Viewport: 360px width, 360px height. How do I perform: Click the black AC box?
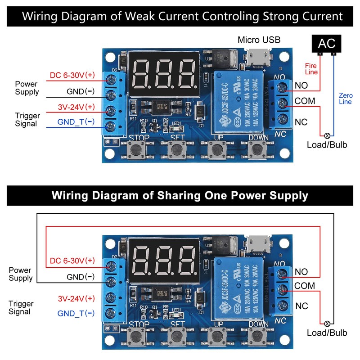[x=326, y=44]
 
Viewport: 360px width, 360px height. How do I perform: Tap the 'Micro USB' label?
[x=258, y=40]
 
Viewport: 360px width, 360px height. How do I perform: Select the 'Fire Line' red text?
[x=312, y=68]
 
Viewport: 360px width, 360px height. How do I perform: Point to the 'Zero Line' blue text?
[x=346, y=99]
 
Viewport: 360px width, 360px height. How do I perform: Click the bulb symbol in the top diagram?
[x=328, y=135]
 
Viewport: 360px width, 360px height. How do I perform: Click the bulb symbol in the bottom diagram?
[x=328, y=323]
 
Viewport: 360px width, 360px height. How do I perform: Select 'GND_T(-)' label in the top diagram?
[x=76, y=122]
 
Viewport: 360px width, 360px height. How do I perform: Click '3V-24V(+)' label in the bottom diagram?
[x=76, y=298]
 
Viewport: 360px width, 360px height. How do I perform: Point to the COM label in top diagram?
[x=305, y=101]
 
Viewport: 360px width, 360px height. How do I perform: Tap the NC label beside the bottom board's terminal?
[x=301, y=306]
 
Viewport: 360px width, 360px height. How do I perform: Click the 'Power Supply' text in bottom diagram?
[x=21, y=274]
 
